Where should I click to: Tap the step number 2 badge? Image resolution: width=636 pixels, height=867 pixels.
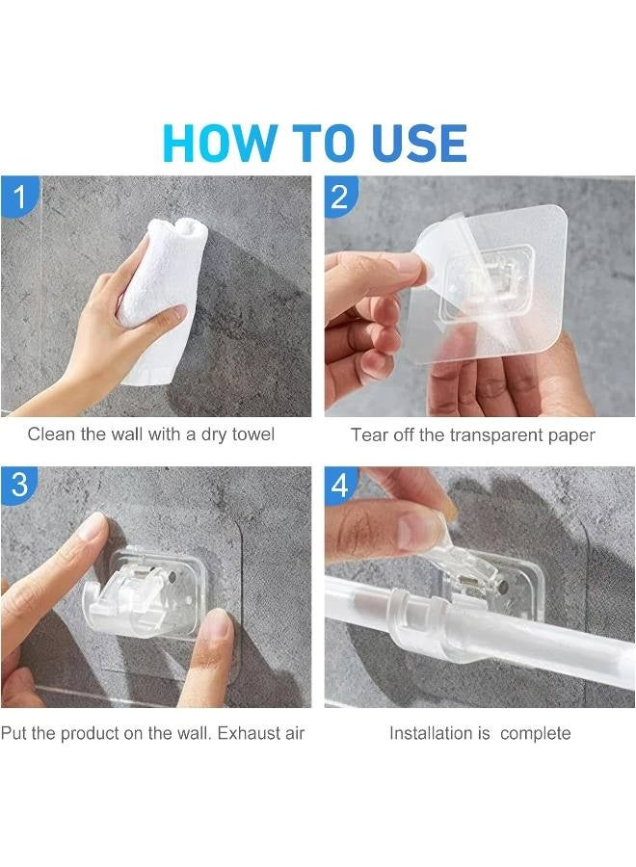(x=340, y=197)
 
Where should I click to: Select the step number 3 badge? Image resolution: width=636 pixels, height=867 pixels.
(x=19, y=486)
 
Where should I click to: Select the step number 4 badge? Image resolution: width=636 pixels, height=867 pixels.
(x=340, y=486)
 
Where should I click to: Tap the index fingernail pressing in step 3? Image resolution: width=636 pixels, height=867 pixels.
(x=93, y=527)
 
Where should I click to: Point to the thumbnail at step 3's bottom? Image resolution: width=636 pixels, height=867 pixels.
(x=218, y=627)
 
